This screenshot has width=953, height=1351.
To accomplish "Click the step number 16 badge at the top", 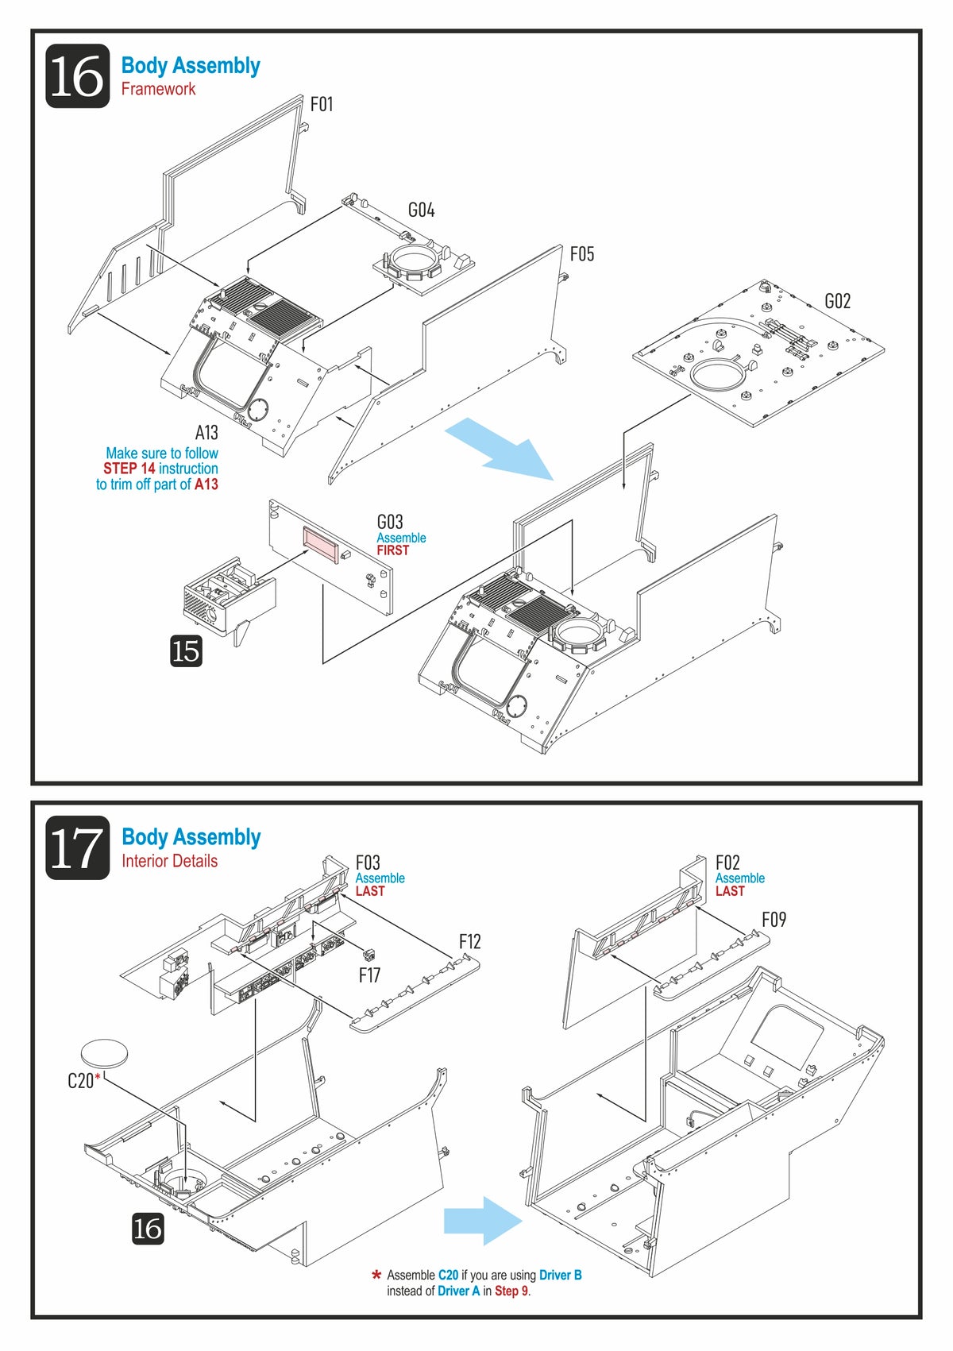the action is (78, 76).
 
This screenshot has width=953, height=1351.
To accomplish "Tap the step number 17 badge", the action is (78, 847).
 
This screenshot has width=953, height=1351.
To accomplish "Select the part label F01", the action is (322, 104).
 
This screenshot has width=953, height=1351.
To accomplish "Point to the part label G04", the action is (421, 210).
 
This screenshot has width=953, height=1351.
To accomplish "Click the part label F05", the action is (582, 254).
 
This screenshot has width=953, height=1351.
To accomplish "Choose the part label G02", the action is (837, 301).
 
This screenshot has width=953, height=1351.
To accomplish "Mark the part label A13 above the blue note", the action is (206, 432).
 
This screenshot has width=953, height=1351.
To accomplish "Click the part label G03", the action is (390, 522).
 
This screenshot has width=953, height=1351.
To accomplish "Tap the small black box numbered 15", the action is (186, 650).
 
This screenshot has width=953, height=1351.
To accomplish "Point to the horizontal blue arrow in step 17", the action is (483, 1221).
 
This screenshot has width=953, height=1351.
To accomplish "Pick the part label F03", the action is (368, 863).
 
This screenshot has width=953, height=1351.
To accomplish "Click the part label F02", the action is (727, 863).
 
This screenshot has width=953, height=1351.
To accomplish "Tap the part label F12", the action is (469, 941).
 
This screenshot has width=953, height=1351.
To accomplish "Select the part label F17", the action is (369, 975).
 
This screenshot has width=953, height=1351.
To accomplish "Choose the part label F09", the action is (774, 920).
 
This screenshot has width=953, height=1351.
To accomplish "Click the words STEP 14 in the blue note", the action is (129, 469).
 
